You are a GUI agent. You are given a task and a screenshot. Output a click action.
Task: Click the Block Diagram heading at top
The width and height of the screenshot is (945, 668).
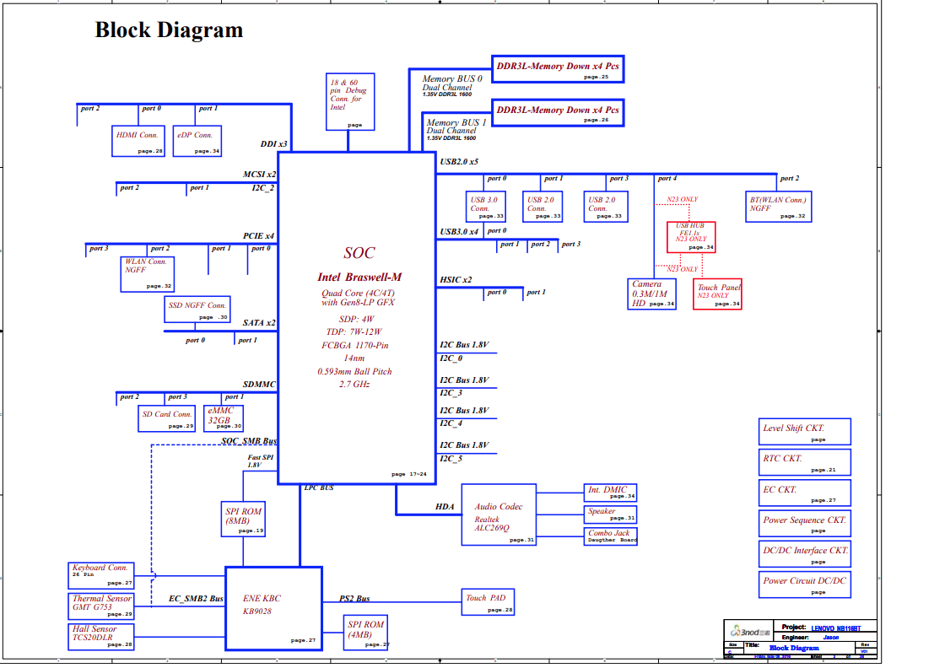pos(169,30)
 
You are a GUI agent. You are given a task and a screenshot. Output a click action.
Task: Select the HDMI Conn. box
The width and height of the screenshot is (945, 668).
pos(138,141)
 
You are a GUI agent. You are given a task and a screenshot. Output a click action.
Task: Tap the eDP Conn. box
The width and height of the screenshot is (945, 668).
pos(197,141)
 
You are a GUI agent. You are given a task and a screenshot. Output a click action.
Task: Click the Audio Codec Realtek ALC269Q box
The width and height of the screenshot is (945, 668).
pos(499,514)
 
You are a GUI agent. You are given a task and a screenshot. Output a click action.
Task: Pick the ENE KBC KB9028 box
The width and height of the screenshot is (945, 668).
pos(273,607)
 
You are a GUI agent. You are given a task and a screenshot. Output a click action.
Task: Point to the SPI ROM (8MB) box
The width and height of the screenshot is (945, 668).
pos(243,519)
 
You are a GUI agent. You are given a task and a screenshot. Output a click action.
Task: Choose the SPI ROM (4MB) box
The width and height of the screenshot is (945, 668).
pos(367,632)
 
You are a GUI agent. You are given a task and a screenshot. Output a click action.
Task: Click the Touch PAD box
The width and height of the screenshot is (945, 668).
pos(489,602)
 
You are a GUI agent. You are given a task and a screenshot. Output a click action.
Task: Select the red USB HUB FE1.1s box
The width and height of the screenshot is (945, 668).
pos(692,236)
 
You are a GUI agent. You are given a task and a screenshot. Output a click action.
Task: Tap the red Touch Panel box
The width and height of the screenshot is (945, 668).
pos(717,294)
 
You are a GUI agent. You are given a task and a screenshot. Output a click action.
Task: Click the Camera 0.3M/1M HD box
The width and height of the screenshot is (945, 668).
pos(652,294)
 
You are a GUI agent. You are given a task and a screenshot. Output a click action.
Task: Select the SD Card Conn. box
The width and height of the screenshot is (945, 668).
pos(168,418)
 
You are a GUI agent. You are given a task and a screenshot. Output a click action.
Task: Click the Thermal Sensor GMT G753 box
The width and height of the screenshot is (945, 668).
pos(101,606)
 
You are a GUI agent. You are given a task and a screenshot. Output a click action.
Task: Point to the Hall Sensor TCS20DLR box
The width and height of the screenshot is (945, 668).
pos(101,635)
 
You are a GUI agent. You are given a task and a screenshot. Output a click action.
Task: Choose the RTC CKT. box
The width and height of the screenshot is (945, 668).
pos(805,462)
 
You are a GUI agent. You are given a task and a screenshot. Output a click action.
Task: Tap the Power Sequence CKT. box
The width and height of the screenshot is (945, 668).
pos(805,523)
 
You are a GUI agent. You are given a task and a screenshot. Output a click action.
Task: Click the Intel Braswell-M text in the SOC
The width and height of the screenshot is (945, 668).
pos(359,277)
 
